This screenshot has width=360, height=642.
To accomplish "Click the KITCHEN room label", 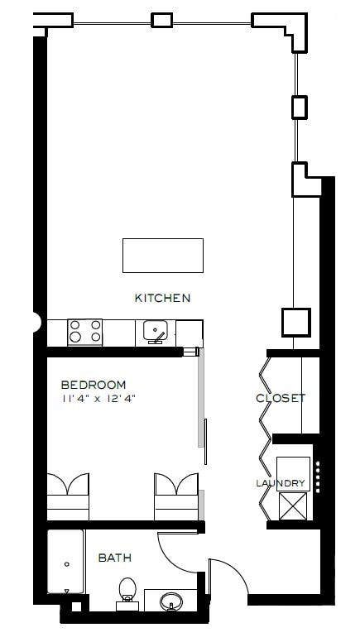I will (163, 298).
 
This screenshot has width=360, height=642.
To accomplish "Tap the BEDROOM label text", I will (94, 385).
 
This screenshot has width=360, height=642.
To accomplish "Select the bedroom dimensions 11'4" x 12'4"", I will (98, 398).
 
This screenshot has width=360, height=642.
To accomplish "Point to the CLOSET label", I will (281, 398).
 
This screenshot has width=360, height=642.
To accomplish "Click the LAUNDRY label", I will (281, 483).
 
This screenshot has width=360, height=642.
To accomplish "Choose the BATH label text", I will (115, 558).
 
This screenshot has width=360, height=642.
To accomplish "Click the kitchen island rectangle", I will (162, 255).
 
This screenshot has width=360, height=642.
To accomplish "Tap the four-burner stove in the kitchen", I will (85, 333).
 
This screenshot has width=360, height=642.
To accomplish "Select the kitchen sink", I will (156, 332).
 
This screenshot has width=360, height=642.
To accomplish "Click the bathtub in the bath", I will (65, 563).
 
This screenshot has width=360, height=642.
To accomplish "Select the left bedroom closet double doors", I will (68, 486).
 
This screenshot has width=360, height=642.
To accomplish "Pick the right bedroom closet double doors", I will (175, 486).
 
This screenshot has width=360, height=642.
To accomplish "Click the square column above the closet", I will (295, 322).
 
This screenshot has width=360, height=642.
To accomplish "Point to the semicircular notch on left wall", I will (37, 322).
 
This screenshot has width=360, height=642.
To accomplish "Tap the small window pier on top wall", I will (161, 20).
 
